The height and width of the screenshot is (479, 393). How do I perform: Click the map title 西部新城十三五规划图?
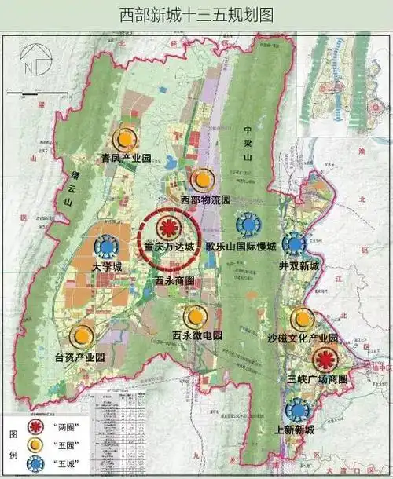196,14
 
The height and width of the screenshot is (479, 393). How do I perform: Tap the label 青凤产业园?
125,159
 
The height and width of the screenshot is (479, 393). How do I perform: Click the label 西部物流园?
205,199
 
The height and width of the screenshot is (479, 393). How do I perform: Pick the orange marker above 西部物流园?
204,179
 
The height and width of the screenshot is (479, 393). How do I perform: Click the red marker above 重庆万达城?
167,229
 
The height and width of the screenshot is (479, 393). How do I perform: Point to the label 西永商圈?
174,280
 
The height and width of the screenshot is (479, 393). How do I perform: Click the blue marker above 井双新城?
295,244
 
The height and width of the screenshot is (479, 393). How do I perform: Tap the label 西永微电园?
197,335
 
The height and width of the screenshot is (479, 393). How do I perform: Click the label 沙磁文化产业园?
302,338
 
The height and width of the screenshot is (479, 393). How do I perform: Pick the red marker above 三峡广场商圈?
322,360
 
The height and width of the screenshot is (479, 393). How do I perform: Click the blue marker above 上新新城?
297,409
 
